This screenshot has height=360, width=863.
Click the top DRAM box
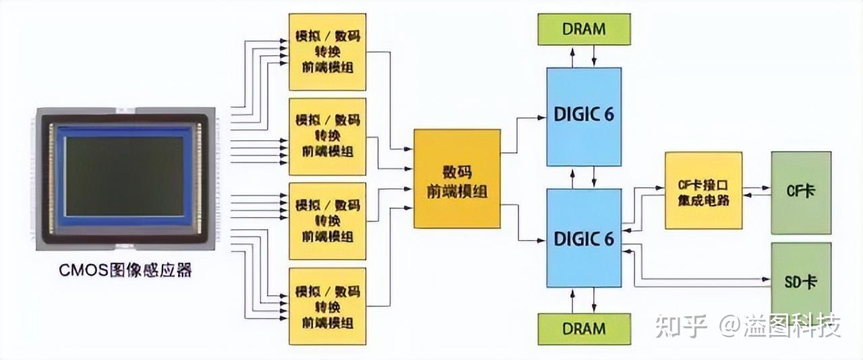pyautogui.click(x=584, y=29)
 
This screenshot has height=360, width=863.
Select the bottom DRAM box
pyautogui.click(x=584, y=329)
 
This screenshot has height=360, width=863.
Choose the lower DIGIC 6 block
pyautogui.click(x=583, y=238)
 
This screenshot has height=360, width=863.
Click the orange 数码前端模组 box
pyautogui.click(x=457, y=179)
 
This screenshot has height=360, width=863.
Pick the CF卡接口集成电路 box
pyautogui.click(x=703, y=191)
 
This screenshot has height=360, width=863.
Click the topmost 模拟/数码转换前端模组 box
pyautogui.click(x=327, y=52)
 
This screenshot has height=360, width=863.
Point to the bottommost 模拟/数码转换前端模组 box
pyautogui.click(x=327, y=307)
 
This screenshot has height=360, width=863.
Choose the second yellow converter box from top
pyautogui.click(x=327, y=137)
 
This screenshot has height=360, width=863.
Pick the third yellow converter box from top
pyautogui.click(x=327, y=221)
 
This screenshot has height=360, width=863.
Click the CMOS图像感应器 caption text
pyautogui.click(x=125, y=271)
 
